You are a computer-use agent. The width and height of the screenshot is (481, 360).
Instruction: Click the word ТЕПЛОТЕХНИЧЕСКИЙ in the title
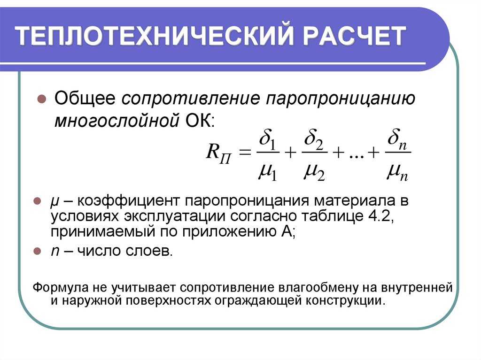coord(155,36)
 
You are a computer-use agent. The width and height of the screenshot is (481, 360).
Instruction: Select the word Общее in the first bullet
coord(85,99)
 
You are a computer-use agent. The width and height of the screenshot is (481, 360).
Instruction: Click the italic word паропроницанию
coord(341,99)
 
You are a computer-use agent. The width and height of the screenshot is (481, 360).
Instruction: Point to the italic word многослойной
coord(116,121)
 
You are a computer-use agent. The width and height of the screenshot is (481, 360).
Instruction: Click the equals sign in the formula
coord(244,152)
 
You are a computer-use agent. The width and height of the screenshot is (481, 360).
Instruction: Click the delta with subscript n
coord(397,139)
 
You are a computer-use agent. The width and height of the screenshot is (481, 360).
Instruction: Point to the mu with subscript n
coord(397,172)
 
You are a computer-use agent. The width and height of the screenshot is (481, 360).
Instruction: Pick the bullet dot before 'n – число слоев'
coord(37,251)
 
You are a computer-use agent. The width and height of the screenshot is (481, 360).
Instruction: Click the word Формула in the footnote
coord(54,288)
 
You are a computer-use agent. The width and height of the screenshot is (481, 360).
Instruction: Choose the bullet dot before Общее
coord(41,99)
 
